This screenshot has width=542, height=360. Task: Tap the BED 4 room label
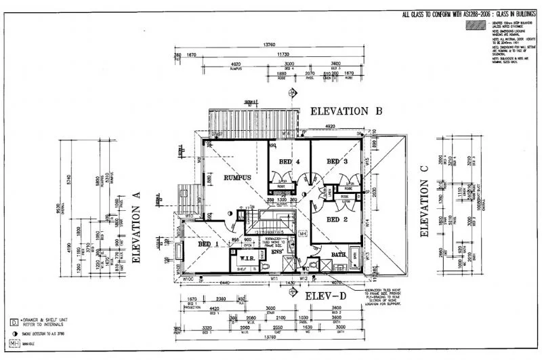tap(285, 161)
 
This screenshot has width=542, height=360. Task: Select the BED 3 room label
tap(337, 161)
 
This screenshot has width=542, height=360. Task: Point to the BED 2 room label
tap(337, 219)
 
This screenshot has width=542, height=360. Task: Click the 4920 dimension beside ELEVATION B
tap(331, 127)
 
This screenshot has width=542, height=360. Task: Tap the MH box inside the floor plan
tap(304, 232)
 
